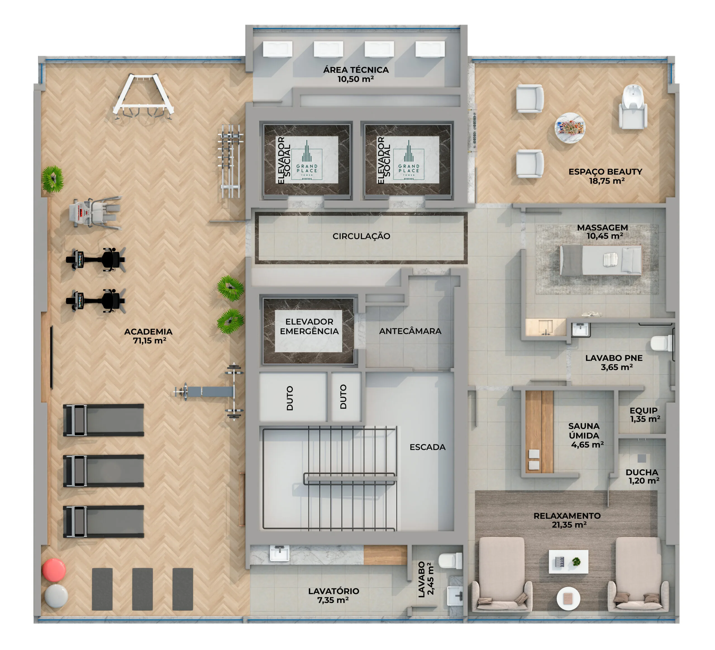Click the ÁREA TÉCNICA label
coord(356,70)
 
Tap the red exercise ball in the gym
coord(54,570)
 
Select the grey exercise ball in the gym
coord(56,596)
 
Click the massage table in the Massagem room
coord(600,260)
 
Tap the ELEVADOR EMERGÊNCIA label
coord(309,326)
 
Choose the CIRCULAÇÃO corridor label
coord(361,236)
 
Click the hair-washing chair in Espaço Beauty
coord(633,106)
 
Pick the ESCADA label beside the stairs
coord(427,447)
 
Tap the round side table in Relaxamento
coord(568,599)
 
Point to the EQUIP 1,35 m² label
coord(644,415)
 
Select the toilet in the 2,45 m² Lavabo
coord(451,561)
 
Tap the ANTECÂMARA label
coord(410,331)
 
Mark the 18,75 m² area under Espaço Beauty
coord(606,181)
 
